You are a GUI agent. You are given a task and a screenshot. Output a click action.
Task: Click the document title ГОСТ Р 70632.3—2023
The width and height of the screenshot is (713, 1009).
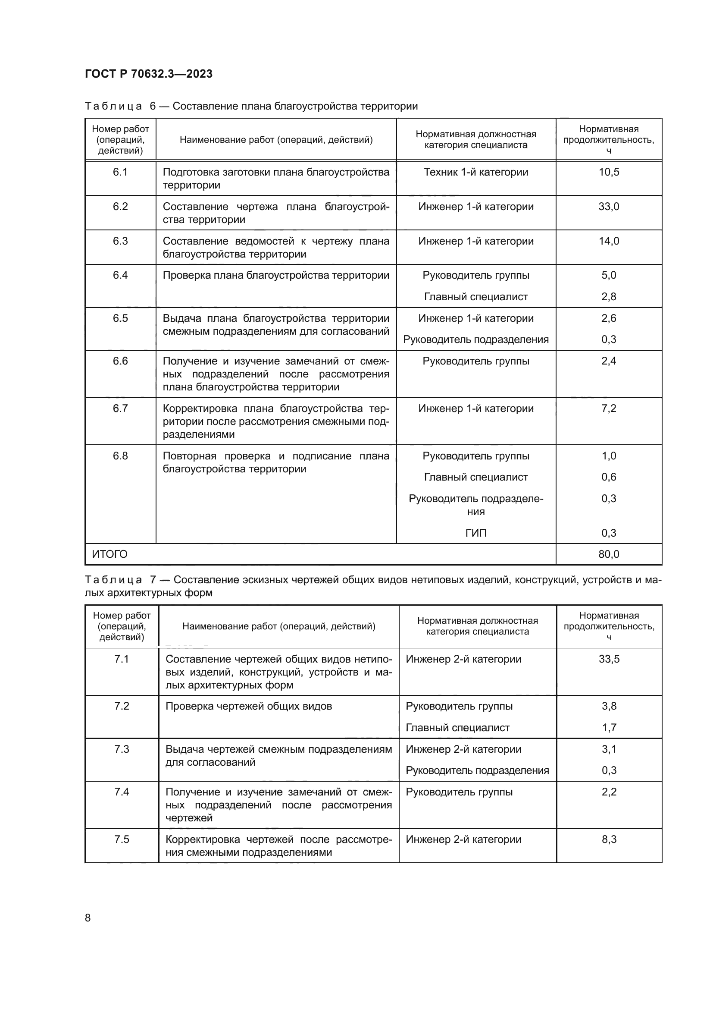tap(148, 74)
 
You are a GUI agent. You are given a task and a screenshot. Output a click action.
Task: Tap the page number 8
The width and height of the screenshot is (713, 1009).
tap(88, 918)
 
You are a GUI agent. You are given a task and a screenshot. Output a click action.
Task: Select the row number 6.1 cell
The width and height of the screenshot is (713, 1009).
tap(120, 172)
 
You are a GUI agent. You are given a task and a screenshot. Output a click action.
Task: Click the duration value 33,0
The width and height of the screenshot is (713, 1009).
tap(609, 207)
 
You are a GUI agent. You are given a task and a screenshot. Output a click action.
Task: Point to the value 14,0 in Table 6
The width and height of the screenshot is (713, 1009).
tap(609, 241)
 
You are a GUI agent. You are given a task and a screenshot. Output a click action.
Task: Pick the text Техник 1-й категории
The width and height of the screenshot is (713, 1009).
tap(476, 172)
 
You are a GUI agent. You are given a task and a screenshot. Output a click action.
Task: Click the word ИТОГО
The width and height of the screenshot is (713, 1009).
tap(110, 554)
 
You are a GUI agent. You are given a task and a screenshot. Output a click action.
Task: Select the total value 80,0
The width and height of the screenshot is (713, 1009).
tap(609, 554)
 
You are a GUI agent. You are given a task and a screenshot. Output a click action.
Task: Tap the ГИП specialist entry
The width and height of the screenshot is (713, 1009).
tap(476, 533)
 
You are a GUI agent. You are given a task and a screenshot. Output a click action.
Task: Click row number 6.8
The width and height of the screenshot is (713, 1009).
tap(120, 456)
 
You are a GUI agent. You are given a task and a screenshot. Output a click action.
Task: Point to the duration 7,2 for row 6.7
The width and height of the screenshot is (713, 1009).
tap(609, 408)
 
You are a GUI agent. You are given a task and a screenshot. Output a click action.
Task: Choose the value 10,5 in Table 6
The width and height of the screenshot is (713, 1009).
tap(609, 172)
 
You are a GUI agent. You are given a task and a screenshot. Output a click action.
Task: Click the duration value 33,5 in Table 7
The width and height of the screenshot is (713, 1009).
tap(609, 659)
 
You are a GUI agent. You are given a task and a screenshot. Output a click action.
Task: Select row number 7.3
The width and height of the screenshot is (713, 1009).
tap(122, 749)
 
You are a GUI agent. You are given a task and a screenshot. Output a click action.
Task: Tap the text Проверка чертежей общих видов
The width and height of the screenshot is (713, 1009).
tap(248, 706)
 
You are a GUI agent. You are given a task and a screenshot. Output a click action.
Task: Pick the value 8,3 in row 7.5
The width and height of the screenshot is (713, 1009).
tap(609, 839)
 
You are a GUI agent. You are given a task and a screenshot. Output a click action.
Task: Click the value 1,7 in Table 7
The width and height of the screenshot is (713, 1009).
tap(609, 728)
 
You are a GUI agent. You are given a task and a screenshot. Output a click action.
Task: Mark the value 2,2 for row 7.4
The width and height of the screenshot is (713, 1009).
tap(609, 792)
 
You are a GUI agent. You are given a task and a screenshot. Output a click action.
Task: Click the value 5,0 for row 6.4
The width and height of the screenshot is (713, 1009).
tap(609, 275)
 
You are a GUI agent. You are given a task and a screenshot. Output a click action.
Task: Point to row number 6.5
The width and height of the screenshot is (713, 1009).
tap(120, 318)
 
